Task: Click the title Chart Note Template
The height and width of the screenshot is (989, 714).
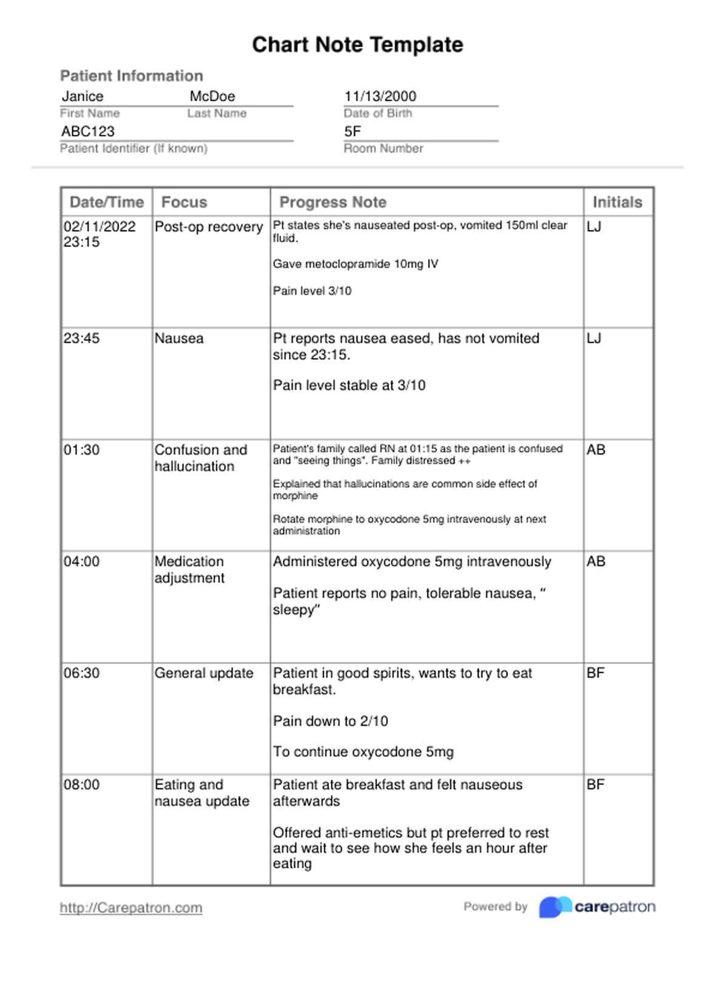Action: (358, 45)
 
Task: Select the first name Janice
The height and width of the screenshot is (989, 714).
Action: (83, 96)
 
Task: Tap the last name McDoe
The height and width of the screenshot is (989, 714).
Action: (212, 96)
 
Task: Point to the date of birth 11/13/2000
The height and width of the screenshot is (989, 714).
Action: (380, 96)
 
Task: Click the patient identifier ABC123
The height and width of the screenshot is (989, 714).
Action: (88, 132)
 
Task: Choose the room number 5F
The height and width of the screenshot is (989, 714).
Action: (353, 132)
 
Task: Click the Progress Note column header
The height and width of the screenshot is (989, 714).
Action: (333, 202)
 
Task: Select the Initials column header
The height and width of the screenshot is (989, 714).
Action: (617, 202)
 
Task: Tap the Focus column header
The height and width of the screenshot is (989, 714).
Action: (184, 202)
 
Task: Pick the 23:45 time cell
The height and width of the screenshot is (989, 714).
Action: (82, 339)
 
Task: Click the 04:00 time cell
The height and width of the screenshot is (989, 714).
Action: (82, 562)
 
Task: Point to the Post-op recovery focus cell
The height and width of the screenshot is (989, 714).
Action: (209, 227)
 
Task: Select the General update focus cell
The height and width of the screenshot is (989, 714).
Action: (204, 673)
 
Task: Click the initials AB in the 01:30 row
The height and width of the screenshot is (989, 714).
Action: (596, 450)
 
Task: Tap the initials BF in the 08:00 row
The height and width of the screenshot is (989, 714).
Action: (596, 785)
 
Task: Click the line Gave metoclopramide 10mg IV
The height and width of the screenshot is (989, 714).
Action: (356, 265)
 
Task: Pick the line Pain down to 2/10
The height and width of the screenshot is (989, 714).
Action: (330, 721)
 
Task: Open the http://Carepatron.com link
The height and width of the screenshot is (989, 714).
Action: (131, 908)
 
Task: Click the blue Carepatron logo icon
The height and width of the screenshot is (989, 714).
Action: (554, 907)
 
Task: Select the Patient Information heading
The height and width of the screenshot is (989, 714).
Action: (132, 76)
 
